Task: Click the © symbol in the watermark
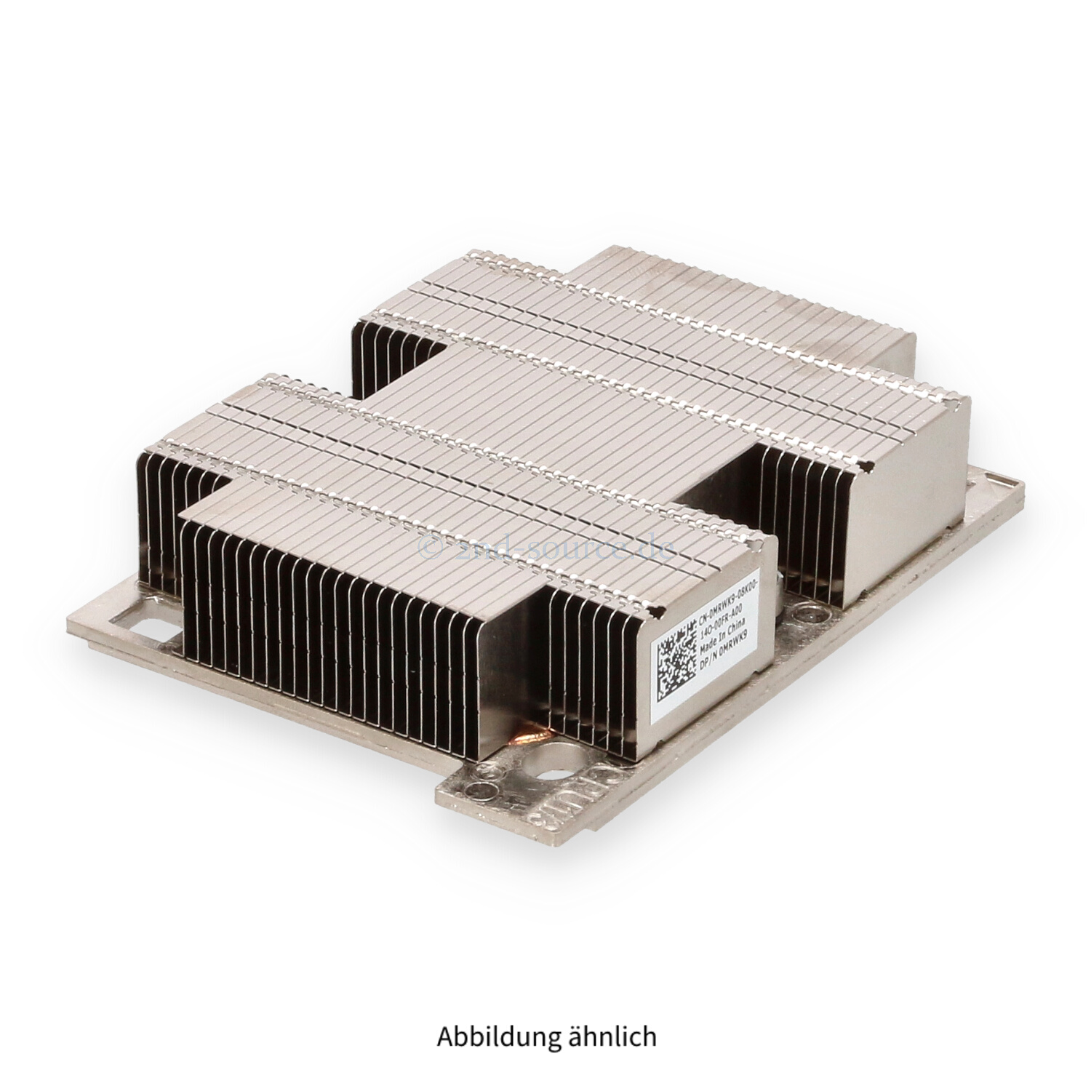point(431,548)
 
